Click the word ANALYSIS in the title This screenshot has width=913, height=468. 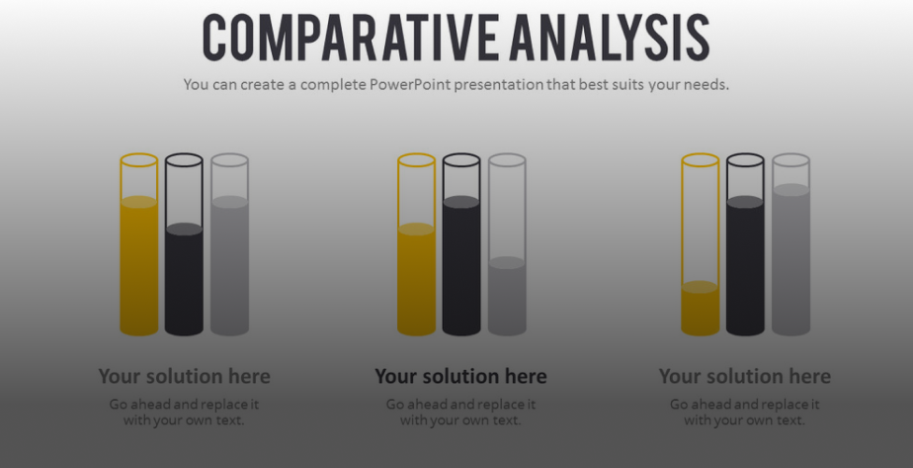coord(609,38)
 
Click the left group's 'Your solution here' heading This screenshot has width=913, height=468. coord(184,376)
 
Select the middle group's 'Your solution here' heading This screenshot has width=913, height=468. coord(460,376)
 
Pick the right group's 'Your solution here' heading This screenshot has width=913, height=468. coord(744,376)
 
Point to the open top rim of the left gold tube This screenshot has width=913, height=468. coord(139,159)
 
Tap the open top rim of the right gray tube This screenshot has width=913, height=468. coord(790,159)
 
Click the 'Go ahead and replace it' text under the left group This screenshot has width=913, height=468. coord(184,405)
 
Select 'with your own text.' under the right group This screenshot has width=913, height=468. coord(744,421)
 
